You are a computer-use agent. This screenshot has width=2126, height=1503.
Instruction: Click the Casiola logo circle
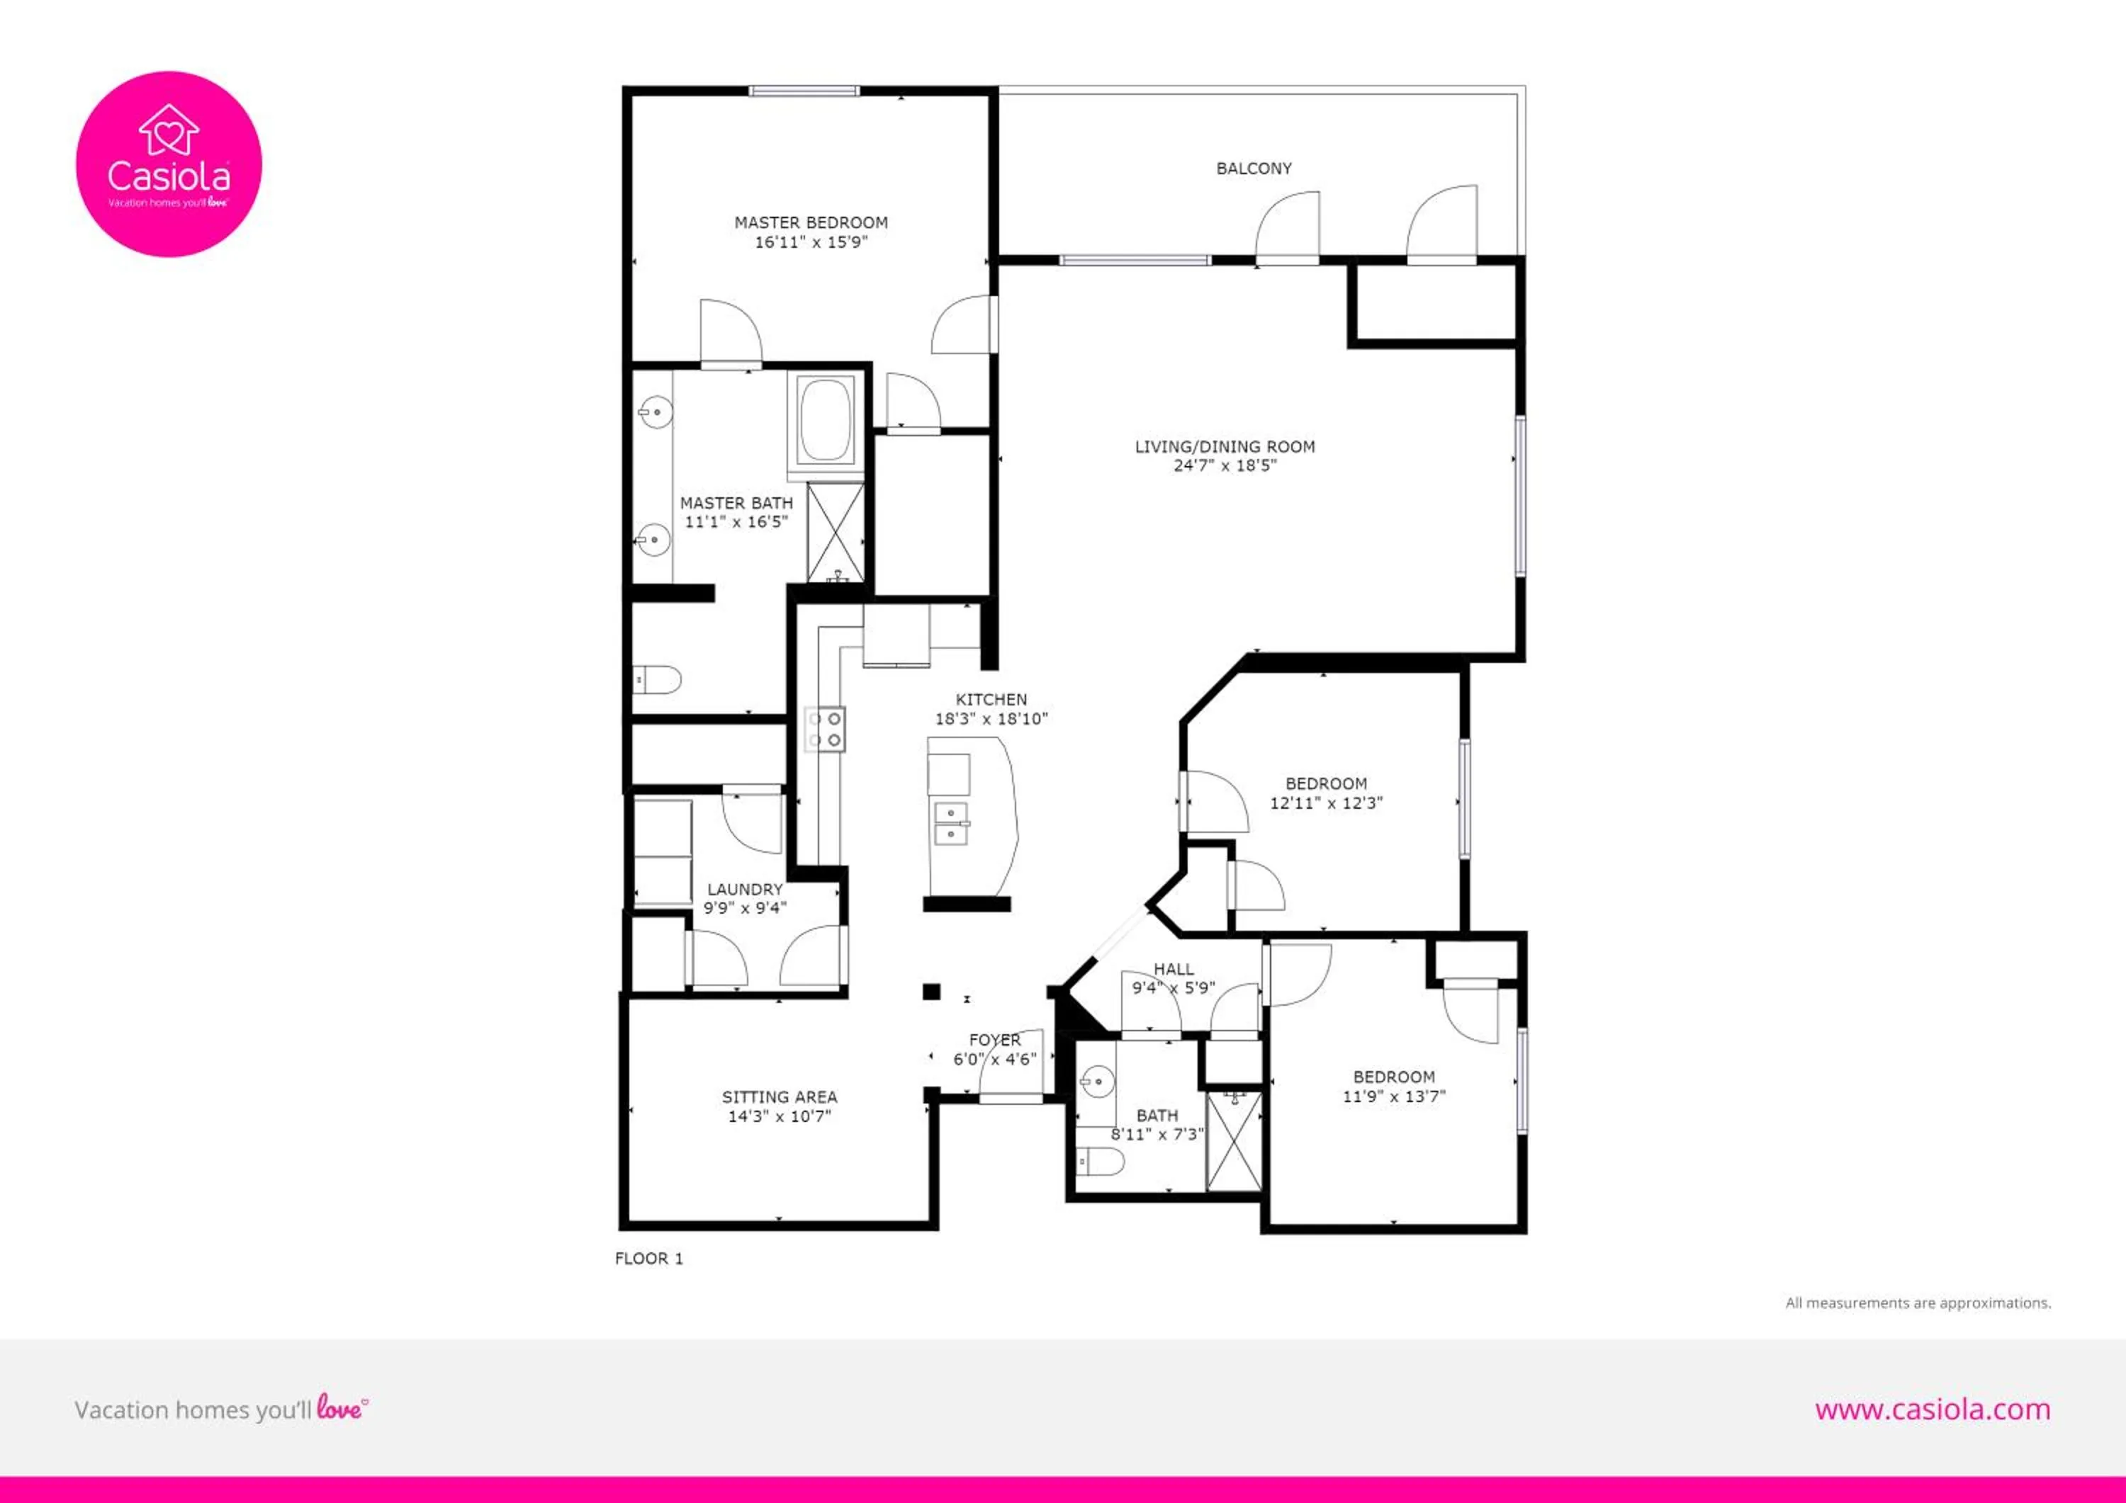(x=169, y=164)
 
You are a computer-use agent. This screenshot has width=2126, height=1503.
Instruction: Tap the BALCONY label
(x=1254, y=169)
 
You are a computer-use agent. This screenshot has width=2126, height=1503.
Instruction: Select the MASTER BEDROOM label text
(x=811, y=222)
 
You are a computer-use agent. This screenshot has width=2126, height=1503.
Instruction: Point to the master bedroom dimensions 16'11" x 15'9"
(x=811, y=242)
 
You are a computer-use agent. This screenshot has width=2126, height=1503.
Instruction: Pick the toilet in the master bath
(x=658, y=680)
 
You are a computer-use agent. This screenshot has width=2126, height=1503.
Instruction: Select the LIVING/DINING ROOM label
(x=1225, y=447)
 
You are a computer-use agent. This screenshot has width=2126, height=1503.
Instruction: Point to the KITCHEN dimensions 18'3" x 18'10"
(x=991, y=719)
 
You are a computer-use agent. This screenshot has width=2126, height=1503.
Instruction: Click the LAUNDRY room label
(x=745, y=890)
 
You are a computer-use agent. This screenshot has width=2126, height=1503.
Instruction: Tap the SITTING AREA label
(x=780, y=1096)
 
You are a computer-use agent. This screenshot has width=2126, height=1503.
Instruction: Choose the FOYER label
(x=996, y=1040)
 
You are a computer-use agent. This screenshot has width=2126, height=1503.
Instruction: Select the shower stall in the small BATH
(x=1234, y=1141)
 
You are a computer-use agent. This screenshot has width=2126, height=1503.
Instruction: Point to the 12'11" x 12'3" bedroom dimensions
(x=1326, y=803)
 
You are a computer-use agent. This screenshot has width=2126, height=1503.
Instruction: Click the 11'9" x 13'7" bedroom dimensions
(x=1393, y=1096)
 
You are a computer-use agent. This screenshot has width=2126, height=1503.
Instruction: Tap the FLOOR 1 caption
(x=649, y=1259)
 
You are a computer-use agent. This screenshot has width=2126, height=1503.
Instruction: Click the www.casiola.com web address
(x=1933, y=1410)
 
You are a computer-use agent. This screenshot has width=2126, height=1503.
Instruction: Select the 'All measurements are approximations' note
(x=1918, y=1303)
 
